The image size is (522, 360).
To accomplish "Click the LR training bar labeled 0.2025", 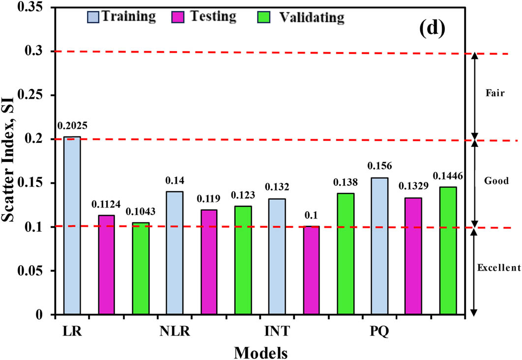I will (x=72, y=225).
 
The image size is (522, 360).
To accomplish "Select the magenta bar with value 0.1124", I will (x=106, y=265).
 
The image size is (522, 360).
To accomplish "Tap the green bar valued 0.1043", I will (x=141, y=268).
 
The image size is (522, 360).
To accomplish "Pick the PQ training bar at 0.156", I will (x=379, y=246).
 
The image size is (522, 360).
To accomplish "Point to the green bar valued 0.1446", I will (x=448, y=250).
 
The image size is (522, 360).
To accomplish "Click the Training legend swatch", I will (x=93, y=17).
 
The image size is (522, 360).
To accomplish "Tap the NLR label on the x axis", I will (x=174, y=331).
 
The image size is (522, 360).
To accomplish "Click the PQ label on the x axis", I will (x=379, y=331).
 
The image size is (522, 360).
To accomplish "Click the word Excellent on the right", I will (x=498, y=268).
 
